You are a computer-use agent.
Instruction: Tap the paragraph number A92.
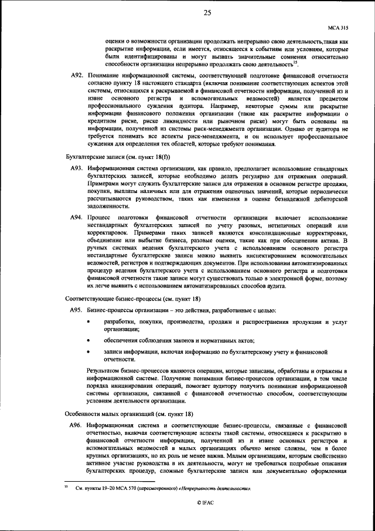click(x=76, y=76)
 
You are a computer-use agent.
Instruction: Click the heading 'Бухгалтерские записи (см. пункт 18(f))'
click(x=107, y=155)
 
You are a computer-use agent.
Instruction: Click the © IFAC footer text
click(x=207, y=503)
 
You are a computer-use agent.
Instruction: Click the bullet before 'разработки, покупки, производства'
click(x=88, y=323)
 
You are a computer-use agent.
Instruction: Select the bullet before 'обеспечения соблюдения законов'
click(x=88, y=340)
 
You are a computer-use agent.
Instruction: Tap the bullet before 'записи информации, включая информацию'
click(x=88, y=352)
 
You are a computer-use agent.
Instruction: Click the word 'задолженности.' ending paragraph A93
click(x=108, y=206)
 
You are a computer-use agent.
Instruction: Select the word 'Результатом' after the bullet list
click(x=107, y=371)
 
